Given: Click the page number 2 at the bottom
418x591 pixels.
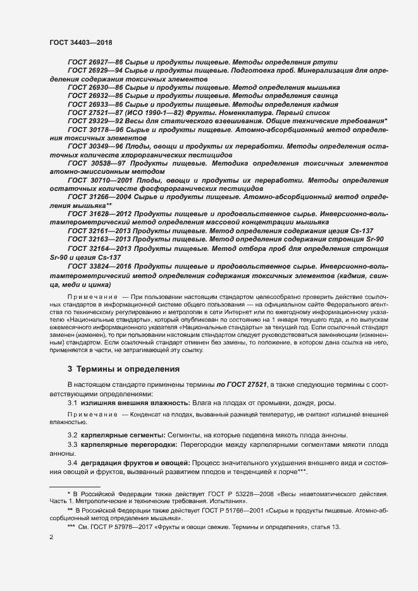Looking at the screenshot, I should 51,537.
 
